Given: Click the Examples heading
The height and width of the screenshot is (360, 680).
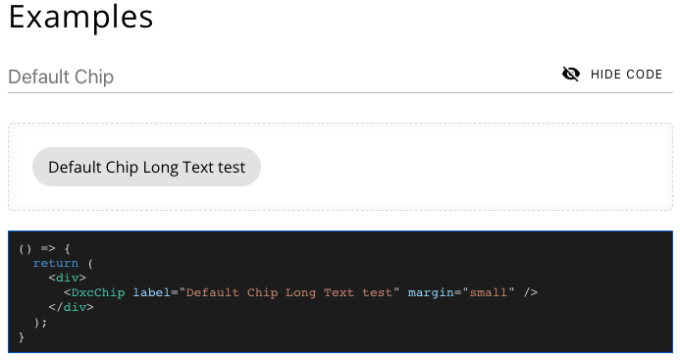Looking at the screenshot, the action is (x=80, y=17).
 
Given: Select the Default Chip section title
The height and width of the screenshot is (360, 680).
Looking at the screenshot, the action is (x=61, y=77).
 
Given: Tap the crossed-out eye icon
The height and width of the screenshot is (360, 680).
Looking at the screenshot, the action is (x=571, y=74).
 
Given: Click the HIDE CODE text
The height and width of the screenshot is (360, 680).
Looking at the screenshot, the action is (x=626, y=75).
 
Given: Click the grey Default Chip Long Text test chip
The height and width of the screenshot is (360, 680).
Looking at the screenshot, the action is (x=146, y=167).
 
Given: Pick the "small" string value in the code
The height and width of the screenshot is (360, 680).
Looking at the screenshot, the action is (x=488, y=292).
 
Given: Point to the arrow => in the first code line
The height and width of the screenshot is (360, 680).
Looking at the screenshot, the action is (x=47, y=248).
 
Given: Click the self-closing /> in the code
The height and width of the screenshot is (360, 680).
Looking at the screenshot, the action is (x=531, y=292).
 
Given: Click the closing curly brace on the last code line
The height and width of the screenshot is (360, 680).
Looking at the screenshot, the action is (x=22, y=336).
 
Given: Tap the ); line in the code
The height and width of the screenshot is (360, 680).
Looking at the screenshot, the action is (x=40, y=322).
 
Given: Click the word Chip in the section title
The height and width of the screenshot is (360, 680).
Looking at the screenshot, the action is (x=95, y=77).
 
